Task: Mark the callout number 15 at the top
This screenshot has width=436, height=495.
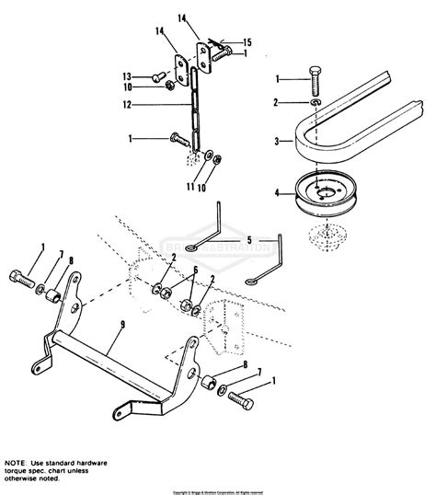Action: (x=247, y=41)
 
